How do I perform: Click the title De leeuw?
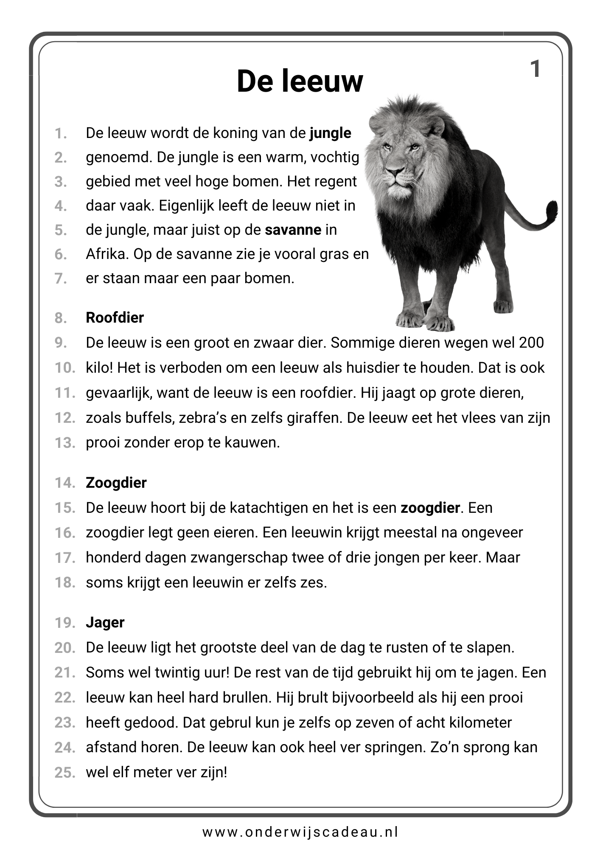[300, 81]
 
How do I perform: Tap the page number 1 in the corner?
[536, 69]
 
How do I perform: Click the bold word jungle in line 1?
[330, 133]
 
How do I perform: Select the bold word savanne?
[293, 230]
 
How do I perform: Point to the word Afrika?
[107, 254]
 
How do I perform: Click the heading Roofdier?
[115, 318]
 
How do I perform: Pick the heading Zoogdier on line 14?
[116, 483]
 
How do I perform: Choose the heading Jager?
[105, 622]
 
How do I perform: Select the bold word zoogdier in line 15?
[430, 508]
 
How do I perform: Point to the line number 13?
[64, 443]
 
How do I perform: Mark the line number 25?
[64, 773]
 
